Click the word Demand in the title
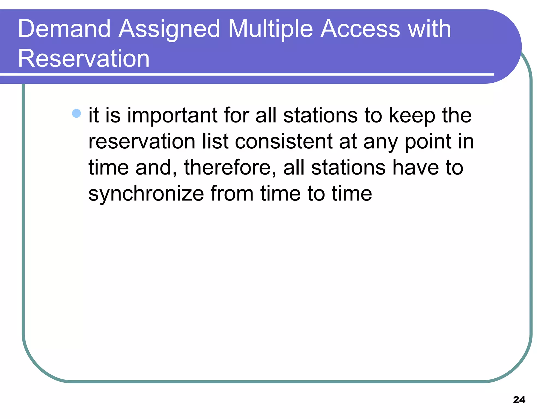(x=64, y=29)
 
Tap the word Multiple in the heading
(x=270, y=29)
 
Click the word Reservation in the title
(x=84, y=58)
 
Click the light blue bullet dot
(x=76, y=113)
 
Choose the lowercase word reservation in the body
(x=142, y=141)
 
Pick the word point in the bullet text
(x=428, y=142)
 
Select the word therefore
(x=230, y=167)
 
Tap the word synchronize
(x=146, y=194)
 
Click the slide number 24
(x=519, y=400)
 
